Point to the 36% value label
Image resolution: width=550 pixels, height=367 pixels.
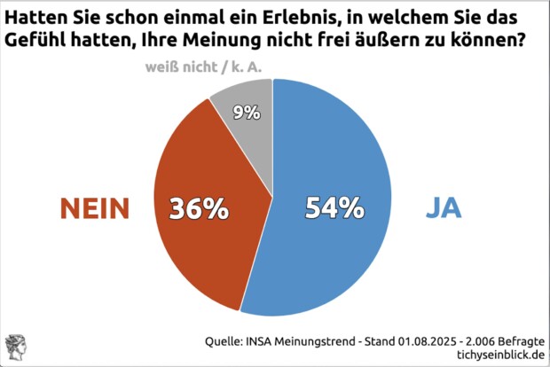[x=200, y=208]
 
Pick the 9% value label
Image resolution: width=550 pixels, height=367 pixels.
[x=247, y=112]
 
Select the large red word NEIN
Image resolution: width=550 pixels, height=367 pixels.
[x=95, y=208]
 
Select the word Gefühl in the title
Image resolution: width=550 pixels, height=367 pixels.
[x=38, y=41]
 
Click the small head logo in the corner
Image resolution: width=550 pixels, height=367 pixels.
[x=15, y=346]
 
